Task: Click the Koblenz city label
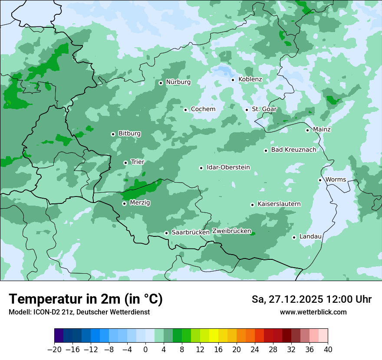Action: click(x=250, y=79)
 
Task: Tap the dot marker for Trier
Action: click(x=125, y=163)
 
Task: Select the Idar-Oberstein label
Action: click(x=228, y=167)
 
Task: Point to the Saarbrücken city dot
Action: click(x=166, y=233)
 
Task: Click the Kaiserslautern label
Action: click(x=279, y=204)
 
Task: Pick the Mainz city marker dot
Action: click(x=307, y=130)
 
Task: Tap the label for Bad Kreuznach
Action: click(x=293, y=150)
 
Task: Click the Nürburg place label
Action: click(x=178, y=82)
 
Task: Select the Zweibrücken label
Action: click(x=231, y=231)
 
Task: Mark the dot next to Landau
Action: click(x=294, y=237)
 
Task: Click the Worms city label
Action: click(x=336, y=180)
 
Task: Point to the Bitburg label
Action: click(x=129, y=134)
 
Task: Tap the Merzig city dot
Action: click(x=124, y=203)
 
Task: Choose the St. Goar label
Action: click(x=264, y=109)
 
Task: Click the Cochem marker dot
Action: click(x=185, y=110)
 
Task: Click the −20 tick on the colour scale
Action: click(x=54, y=350)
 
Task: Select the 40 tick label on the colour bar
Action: click(x=328, y=350)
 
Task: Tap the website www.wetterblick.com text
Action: click(x=313, y=312)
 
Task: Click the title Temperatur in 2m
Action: click(x=86, y=299)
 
